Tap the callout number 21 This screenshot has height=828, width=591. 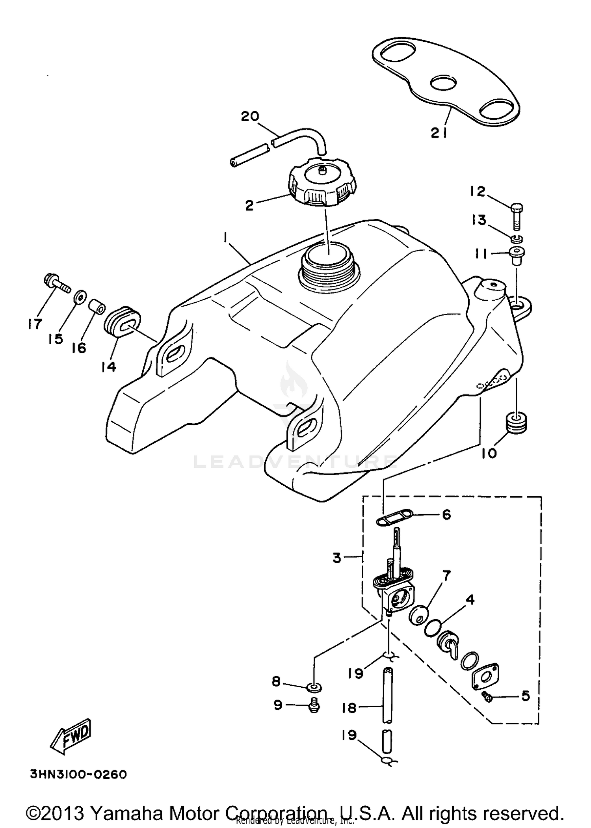coord(438,133)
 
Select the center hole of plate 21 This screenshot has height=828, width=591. coord(443,83)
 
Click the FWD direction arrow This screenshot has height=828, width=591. coord(71,736)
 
